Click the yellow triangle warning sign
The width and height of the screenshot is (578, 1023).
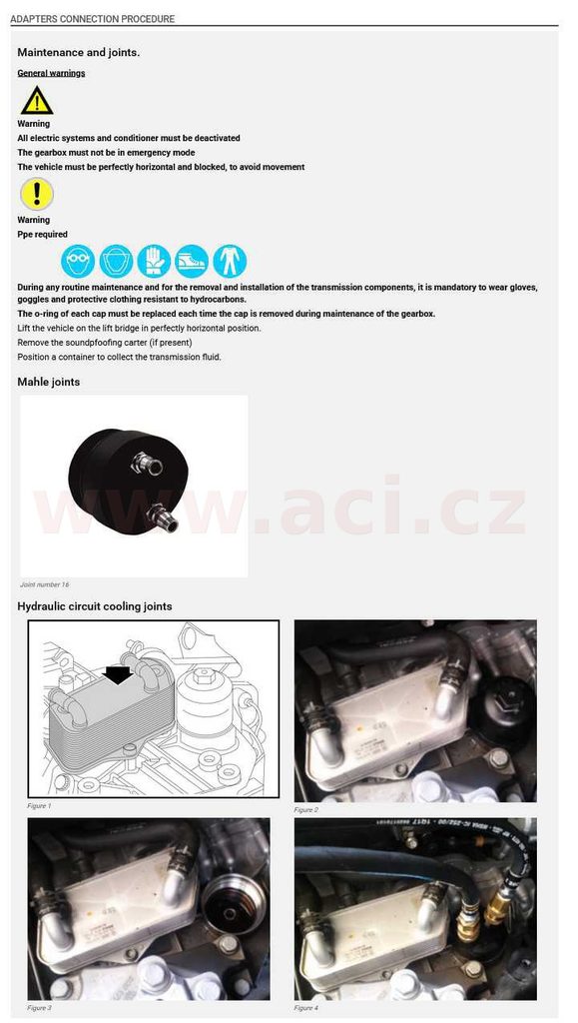(x=37, y=101)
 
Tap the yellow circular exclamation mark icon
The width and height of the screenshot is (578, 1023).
(x=37, y=195)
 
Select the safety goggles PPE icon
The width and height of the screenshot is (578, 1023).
(x=78, y=262)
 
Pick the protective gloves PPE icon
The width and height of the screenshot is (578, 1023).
(x=154, y=262)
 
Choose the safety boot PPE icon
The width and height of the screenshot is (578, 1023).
(x=192, y=262)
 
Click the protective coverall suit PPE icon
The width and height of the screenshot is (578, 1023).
(x=230, y=262)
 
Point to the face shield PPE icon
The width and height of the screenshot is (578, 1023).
(x=116, y=262)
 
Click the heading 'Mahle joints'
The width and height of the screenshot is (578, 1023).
(x=49, y=382)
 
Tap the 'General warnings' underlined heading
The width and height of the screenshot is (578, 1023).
(x=52, y=73)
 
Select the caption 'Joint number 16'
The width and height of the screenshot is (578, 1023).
(x=44, y=584)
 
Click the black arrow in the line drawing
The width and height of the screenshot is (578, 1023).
(x=117, y=675)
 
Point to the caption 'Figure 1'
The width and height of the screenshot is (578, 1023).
(x=39, y=806)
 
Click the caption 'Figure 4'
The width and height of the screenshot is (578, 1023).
(x=306, y=1008)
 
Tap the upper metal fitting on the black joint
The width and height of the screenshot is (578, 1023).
(x=147, y=464)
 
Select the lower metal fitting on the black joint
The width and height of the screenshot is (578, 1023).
(x=162, y=518)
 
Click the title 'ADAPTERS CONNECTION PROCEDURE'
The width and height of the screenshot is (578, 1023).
(x=93, y=19)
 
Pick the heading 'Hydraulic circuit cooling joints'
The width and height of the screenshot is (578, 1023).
(x=95, y=606)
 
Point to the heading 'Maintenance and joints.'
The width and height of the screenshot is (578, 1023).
(x=78, y=52)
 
